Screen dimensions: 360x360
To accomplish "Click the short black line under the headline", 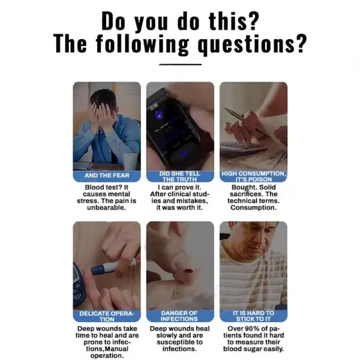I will [x=180, y=64].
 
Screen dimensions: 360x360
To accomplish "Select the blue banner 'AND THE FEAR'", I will [x=107, y=176].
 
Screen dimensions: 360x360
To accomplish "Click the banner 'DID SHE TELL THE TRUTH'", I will [x=180, y=176].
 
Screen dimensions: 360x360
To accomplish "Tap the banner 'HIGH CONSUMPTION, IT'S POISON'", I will [x=253, y=176].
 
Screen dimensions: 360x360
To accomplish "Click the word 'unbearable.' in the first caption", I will [x=107, y=208].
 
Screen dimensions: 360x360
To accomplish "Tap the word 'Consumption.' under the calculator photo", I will [x=253, y=208].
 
